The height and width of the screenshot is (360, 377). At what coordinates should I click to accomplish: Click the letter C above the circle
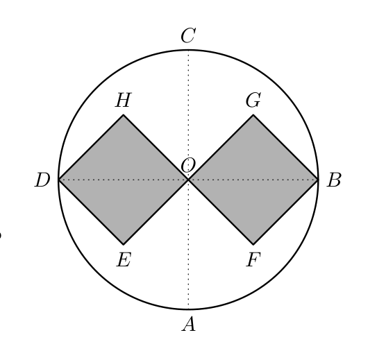tap(188, 35)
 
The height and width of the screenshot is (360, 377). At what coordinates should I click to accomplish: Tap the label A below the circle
tap(189, 324)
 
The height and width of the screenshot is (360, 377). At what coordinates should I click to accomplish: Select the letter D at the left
tap(42, 180)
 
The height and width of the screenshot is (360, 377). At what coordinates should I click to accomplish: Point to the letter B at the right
tap(333, 180)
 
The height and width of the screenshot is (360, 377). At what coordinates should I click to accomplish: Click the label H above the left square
tap(124, 100)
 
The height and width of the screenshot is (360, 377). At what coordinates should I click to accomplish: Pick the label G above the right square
tap(253, 100)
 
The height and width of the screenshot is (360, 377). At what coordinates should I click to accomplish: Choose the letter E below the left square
tap(124, 260)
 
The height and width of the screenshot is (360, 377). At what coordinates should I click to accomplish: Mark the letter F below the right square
tap(253, 260)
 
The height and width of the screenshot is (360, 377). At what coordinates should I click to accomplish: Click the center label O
tap(188, 165)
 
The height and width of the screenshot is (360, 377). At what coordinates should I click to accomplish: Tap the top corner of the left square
tap(124, 114)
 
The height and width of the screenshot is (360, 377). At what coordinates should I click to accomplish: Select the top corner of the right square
tap(253, 114)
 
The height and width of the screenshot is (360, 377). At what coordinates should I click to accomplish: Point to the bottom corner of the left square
tap(124, 244)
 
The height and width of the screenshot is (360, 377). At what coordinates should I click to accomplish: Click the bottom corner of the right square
tap(253, 244)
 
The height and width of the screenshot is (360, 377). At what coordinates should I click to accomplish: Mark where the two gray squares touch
tap(188, 180)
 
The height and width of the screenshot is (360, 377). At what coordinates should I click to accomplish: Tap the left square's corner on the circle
tap(58, 180)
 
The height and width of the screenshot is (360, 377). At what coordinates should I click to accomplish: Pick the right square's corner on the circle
tap(318, 180)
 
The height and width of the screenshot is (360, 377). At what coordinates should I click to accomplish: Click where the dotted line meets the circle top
tap(188, 50)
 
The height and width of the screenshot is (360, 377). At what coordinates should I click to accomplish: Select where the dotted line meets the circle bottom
tap(188, 309)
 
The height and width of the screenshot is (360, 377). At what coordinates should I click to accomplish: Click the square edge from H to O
tap(156, 147)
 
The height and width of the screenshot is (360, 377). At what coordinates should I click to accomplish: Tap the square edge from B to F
tap(285, 212)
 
